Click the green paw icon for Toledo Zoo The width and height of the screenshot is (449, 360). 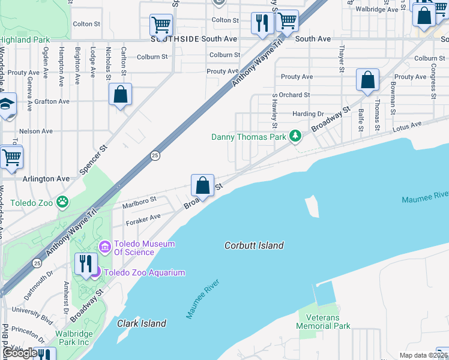[63, 202]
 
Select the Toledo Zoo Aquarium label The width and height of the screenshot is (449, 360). [144, 272]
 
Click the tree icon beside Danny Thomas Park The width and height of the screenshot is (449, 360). [295, 137]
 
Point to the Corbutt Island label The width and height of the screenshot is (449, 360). [254, 245]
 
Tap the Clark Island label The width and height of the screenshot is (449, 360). [141, 323]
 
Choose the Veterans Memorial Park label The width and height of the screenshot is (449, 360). [324, 322]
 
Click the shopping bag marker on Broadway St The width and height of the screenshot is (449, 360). [203, 185]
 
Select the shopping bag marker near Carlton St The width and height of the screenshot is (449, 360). [120, 95]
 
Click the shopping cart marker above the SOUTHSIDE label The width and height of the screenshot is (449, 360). [161, 25]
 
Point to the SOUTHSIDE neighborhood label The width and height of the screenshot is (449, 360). [174, 39]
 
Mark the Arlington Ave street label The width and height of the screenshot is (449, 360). [46, 179]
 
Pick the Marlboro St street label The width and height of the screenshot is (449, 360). [139, 203]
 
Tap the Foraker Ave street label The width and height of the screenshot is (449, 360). [143, 220]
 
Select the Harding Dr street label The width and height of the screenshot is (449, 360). [308, 114]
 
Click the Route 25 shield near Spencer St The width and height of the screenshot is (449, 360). [155, 155]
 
